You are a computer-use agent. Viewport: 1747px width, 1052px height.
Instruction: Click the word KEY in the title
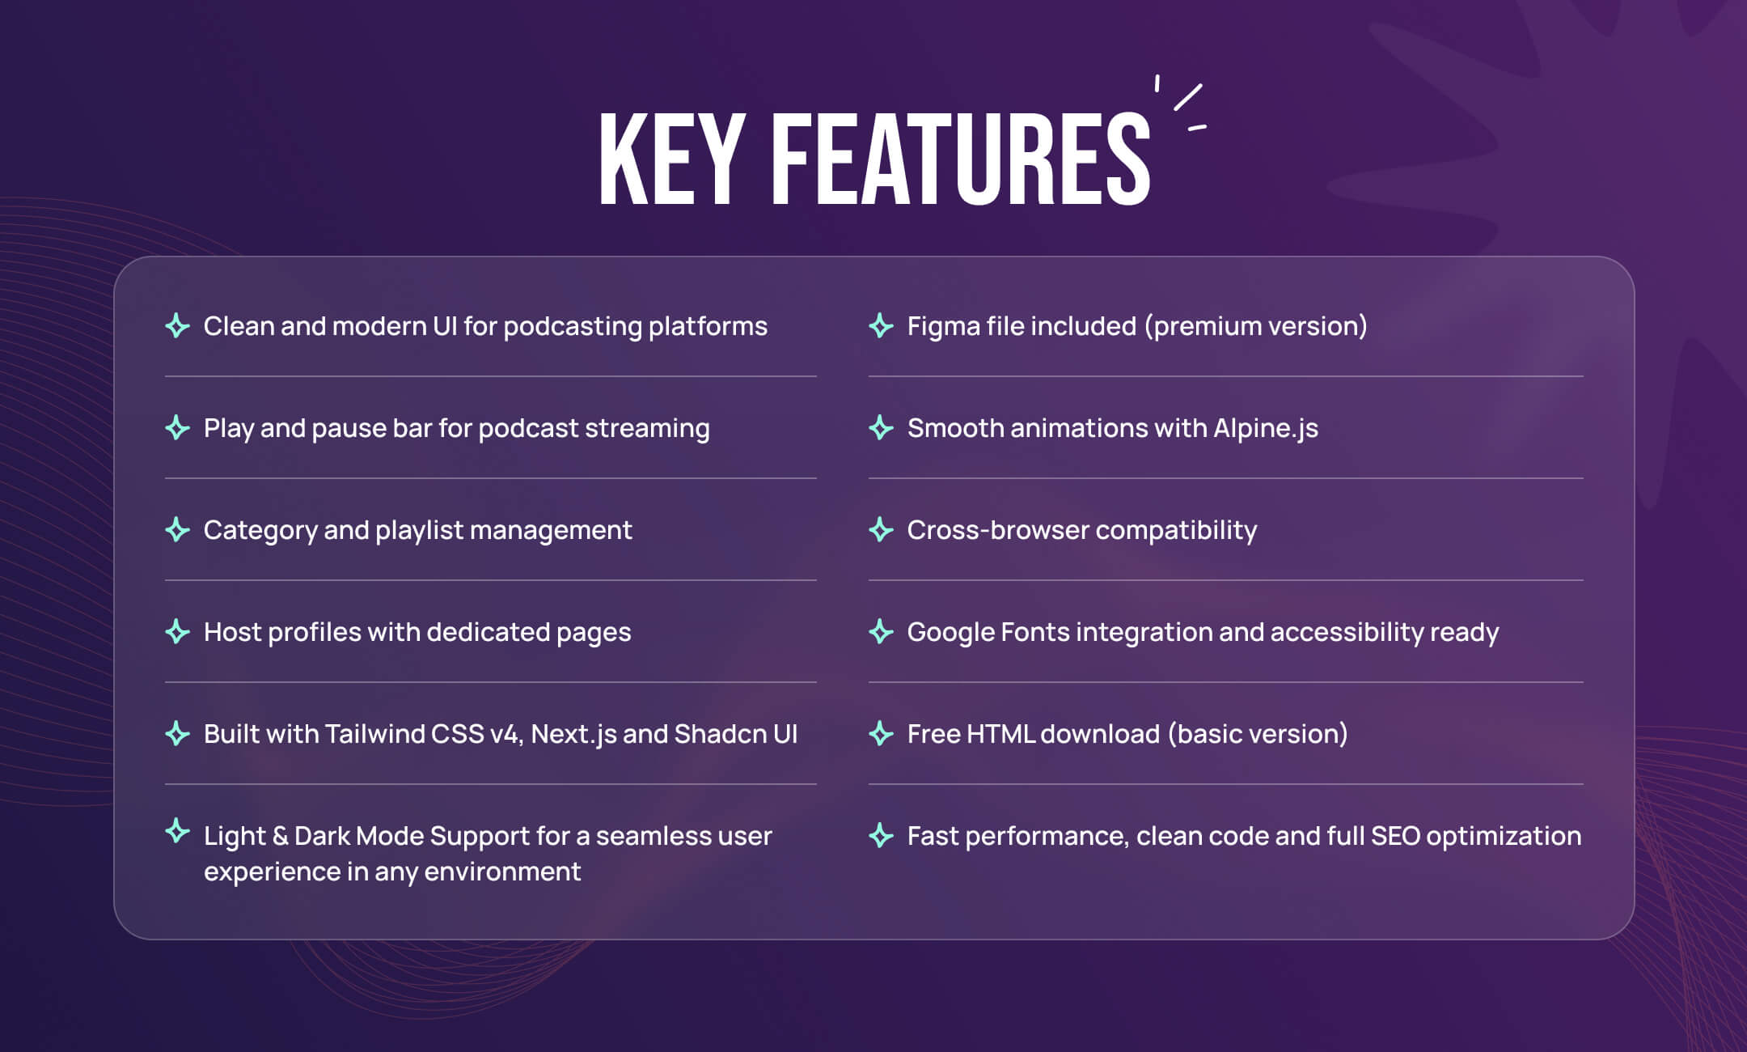coord(671,159)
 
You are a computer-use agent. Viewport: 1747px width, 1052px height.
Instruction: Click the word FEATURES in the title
coord(961,159)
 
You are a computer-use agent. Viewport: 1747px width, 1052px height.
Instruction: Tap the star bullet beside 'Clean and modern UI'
coord(177,326)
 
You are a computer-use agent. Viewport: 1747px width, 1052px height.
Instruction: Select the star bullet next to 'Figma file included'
coord(881,326)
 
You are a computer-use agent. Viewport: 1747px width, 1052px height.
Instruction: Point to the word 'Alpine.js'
coord(1266,429)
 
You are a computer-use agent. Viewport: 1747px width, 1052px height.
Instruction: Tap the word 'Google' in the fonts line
coord(950,633)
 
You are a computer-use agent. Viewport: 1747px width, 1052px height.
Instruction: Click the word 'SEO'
coord(1396,836)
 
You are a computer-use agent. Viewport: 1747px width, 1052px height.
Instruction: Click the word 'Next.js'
coord(573,735)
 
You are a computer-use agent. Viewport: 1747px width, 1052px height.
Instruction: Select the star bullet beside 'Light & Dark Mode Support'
coord(177,831)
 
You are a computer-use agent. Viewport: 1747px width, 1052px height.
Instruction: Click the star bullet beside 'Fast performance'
coord(881,836)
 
